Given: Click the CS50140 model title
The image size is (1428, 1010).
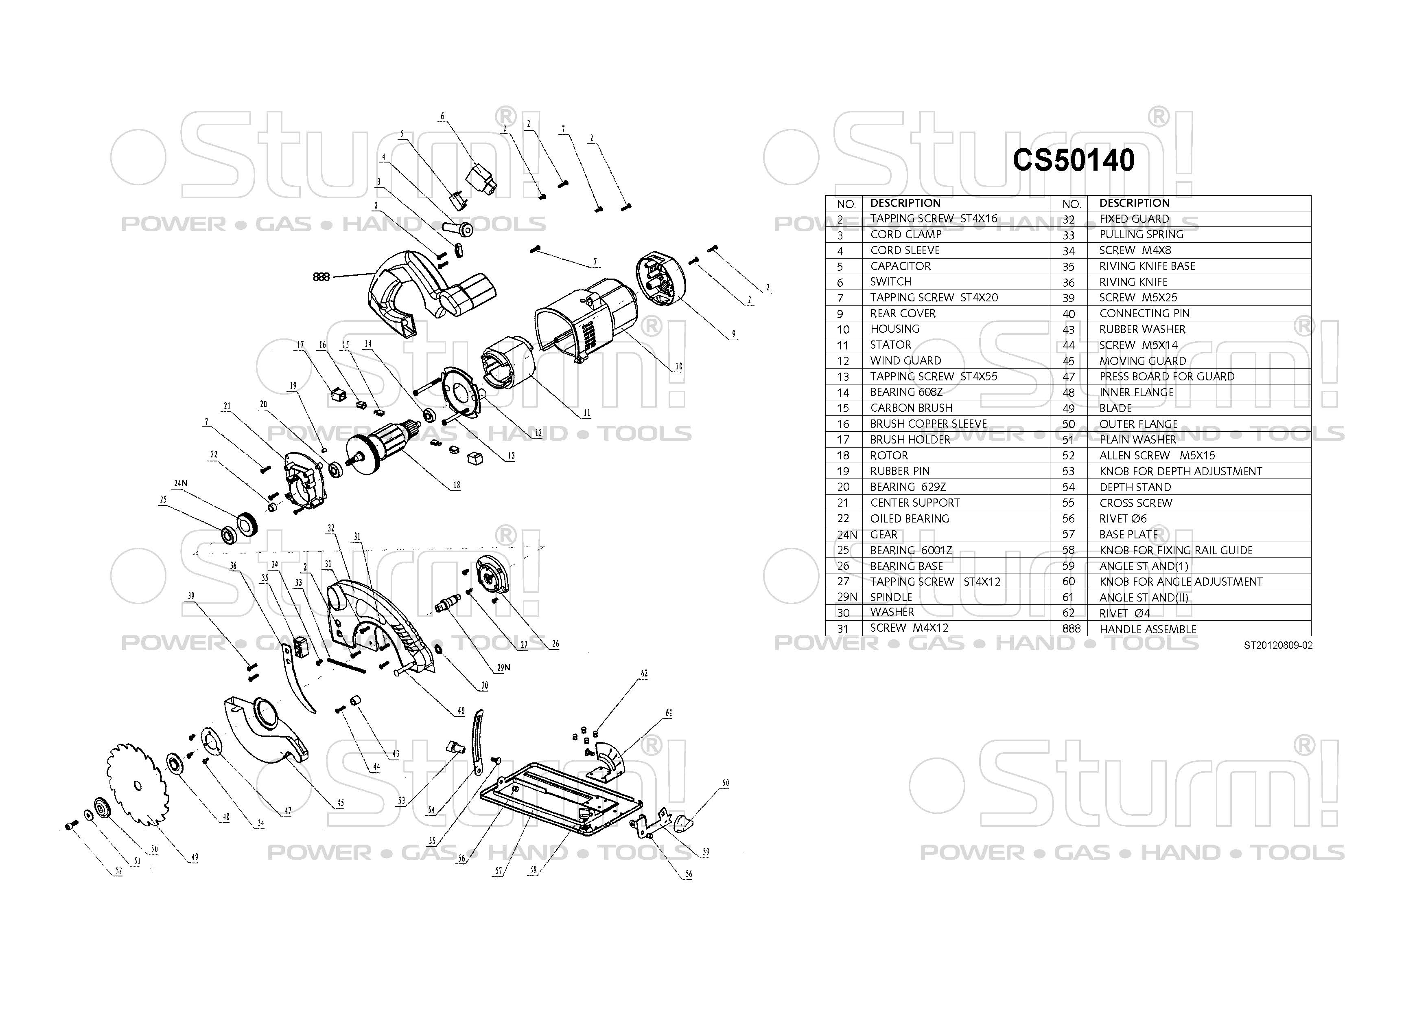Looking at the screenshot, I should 1074,160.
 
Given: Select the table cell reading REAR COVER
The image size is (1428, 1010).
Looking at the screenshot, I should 903,314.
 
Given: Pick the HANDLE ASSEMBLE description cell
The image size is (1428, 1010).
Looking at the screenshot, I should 1148,629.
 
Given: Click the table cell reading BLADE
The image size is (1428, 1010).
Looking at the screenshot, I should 1115,408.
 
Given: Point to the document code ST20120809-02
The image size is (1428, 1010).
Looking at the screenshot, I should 1278,646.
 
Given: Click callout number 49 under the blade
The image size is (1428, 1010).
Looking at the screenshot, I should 195,857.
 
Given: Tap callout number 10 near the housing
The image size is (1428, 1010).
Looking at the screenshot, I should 678,367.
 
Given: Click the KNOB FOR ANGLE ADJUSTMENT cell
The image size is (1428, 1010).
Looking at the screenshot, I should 1181,582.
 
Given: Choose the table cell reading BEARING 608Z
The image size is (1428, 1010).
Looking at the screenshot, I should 906,392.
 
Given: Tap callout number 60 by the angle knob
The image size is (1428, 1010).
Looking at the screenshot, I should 725,783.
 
